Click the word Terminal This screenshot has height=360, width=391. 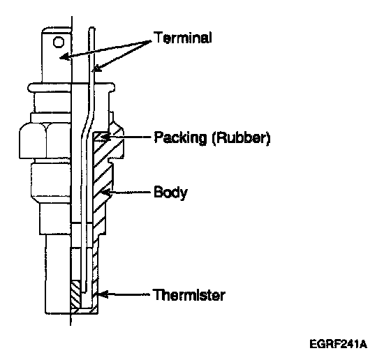(x=182, y=38)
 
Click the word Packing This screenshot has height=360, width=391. (x=181, y=137)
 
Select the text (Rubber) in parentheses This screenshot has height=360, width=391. (x=241, y=137)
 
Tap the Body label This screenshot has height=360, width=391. (x=170, y=192)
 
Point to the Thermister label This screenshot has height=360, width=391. (x=189, y=295)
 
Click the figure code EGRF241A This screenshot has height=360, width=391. (x=338, y=345)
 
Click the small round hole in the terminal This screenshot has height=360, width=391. (x=59, y=42)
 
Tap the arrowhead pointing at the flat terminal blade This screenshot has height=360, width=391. (x=64, y=57)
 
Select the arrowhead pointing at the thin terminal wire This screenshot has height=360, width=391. (x=96, y=68)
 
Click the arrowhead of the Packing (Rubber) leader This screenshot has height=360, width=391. (x=105, y=137)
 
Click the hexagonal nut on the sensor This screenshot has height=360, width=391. (x=45, y=141)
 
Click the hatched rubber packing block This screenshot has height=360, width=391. (x=101, y=137)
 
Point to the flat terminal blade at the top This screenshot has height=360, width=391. (x=57, y=55)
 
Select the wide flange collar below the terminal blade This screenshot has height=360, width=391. (x=71, y=87)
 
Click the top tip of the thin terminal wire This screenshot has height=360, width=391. (x=91, y=27)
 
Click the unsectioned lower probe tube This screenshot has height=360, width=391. (x=58, y=274)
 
